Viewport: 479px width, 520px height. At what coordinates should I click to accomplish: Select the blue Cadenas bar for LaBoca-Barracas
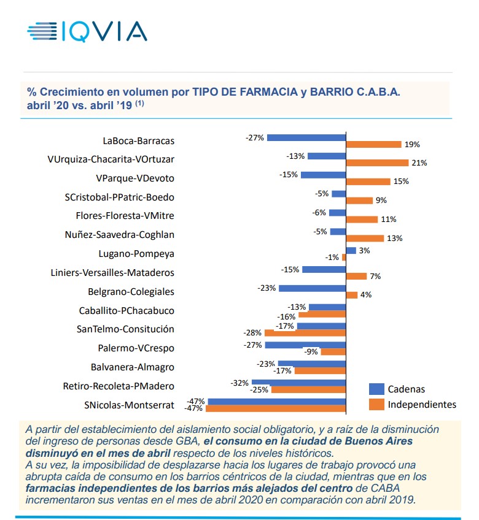306,137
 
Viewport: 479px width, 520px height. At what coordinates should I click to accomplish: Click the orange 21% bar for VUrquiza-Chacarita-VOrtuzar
377,163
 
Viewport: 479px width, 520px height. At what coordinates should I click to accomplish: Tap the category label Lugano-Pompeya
136,253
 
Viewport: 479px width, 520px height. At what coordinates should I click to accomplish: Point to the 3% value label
365,250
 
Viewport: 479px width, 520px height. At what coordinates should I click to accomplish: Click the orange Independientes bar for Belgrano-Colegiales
352,295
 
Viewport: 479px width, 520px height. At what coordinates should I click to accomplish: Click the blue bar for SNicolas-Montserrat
277,402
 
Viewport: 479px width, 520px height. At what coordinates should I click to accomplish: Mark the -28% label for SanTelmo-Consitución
252,333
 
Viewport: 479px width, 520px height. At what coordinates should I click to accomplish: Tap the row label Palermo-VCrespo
136,348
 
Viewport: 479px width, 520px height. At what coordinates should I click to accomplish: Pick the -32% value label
240,383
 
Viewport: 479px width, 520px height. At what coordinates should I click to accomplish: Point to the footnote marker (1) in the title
140,103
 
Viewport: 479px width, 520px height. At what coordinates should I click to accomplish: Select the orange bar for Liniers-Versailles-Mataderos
356,277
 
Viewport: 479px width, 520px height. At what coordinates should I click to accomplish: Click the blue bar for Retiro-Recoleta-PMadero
298,383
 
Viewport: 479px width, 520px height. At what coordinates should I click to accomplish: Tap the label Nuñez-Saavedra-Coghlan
119,234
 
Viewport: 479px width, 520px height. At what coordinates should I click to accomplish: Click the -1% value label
332,258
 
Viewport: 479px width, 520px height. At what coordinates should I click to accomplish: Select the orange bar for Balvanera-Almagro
321,370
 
